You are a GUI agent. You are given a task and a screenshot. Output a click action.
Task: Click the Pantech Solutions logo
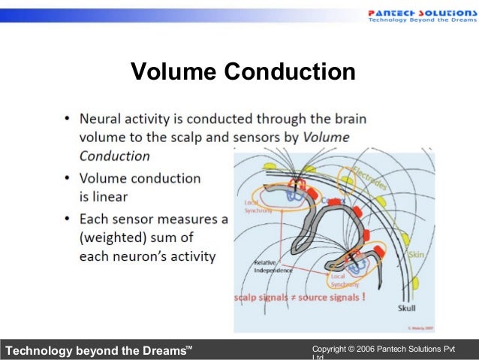[421, 14]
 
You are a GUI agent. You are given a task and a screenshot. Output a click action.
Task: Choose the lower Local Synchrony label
[345, 280]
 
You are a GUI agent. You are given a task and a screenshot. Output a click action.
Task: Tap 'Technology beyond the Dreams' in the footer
[98, 349]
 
